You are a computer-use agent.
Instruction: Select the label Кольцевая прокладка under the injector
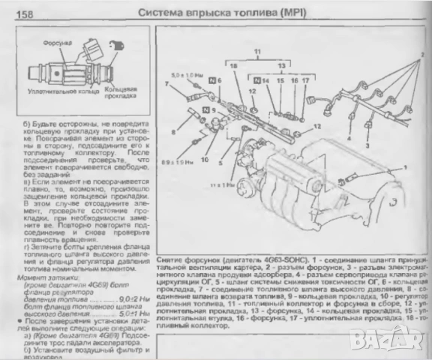[x=121, y=92]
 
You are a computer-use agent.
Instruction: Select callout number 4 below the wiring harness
[x=348, y=138]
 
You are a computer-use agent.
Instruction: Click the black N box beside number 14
[x=256, y=78]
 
